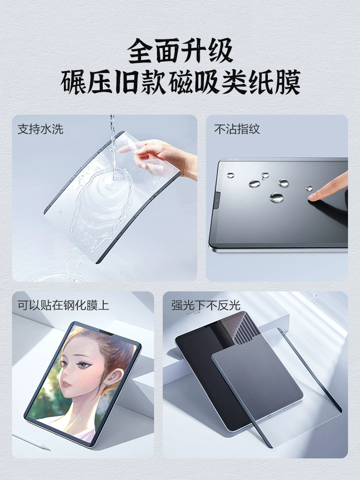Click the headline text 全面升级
[180, 50]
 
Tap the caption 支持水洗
[40, 129]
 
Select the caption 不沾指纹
[237, 129]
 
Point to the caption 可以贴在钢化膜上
[63, 305]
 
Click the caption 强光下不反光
[206, 305]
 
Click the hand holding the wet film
[162, 157]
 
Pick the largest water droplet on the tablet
[276, 197]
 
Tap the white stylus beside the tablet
[31, 441]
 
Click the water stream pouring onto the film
[113, 147]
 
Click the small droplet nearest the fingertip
[309, 188]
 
